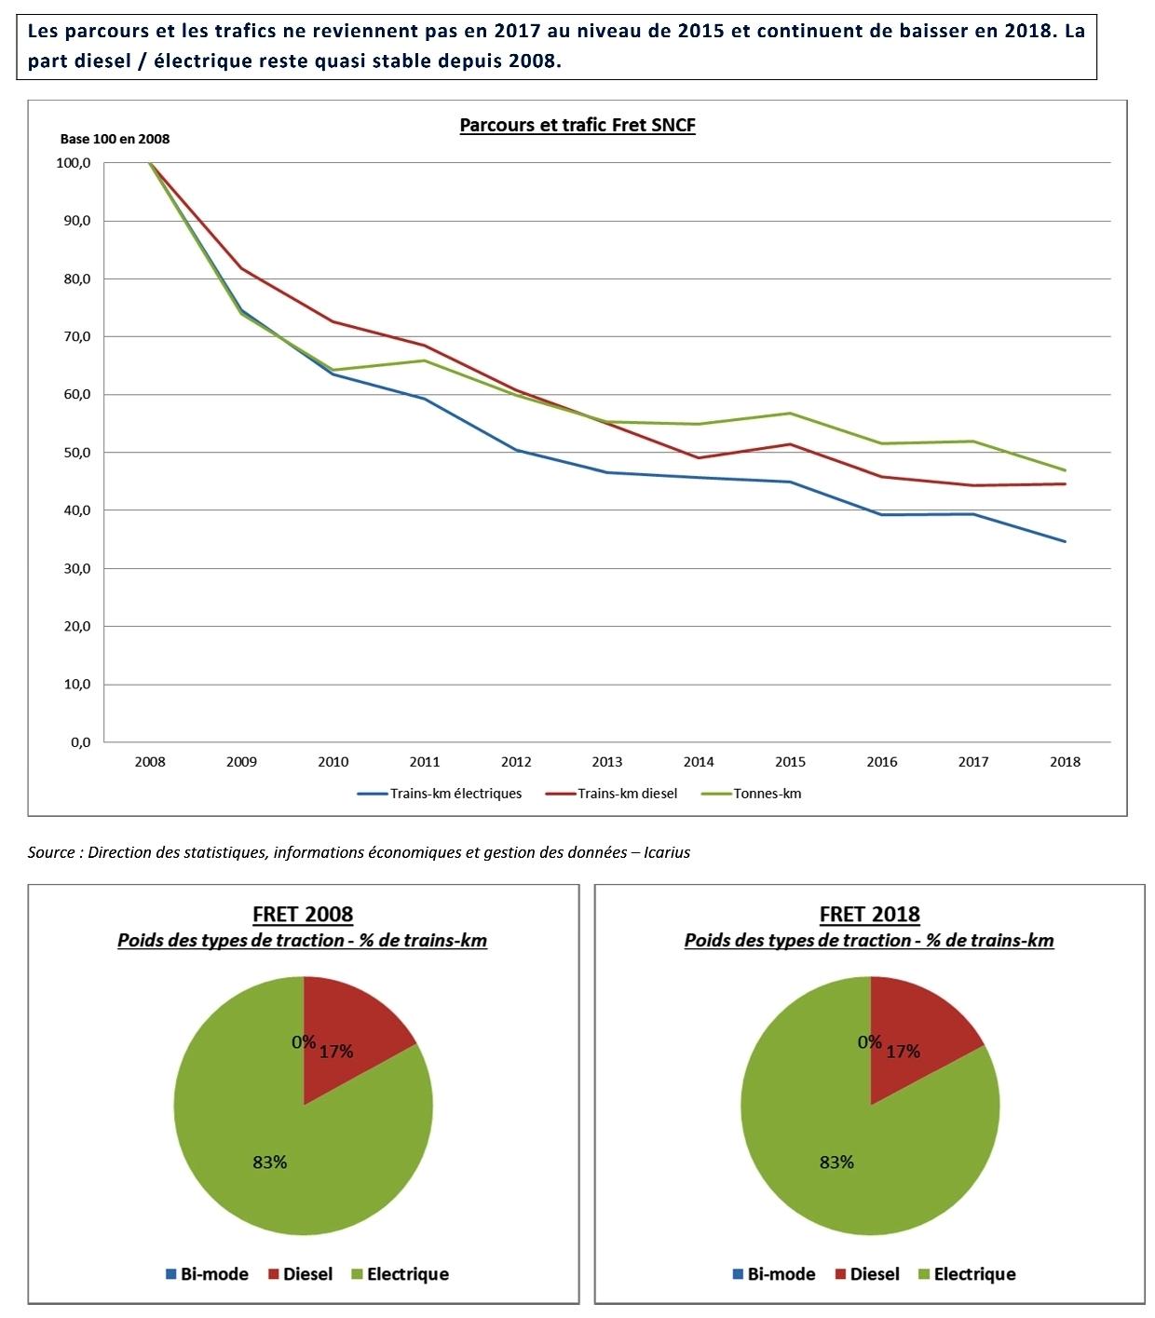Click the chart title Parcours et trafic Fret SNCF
tap(577, 126)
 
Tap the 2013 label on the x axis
tap(607, 762)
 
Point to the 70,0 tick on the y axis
tap(74, 336)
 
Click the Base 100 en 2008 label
tap(115, 139)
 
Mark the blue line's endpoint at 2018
tap(1065, 541)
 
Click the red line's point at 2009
tap(241, 268)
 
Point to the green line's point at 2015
tap(790, 414)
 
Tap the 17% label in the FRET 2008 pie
tap(336, 1052)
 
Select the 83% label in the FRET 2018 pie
tap(836, 1162)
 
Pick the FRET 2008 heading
tap(303, 915)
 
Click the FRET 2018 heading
tap(869, 915)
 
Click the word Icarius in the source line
tap(667, 852)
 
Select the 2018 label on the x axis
tap(1065, 762)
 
